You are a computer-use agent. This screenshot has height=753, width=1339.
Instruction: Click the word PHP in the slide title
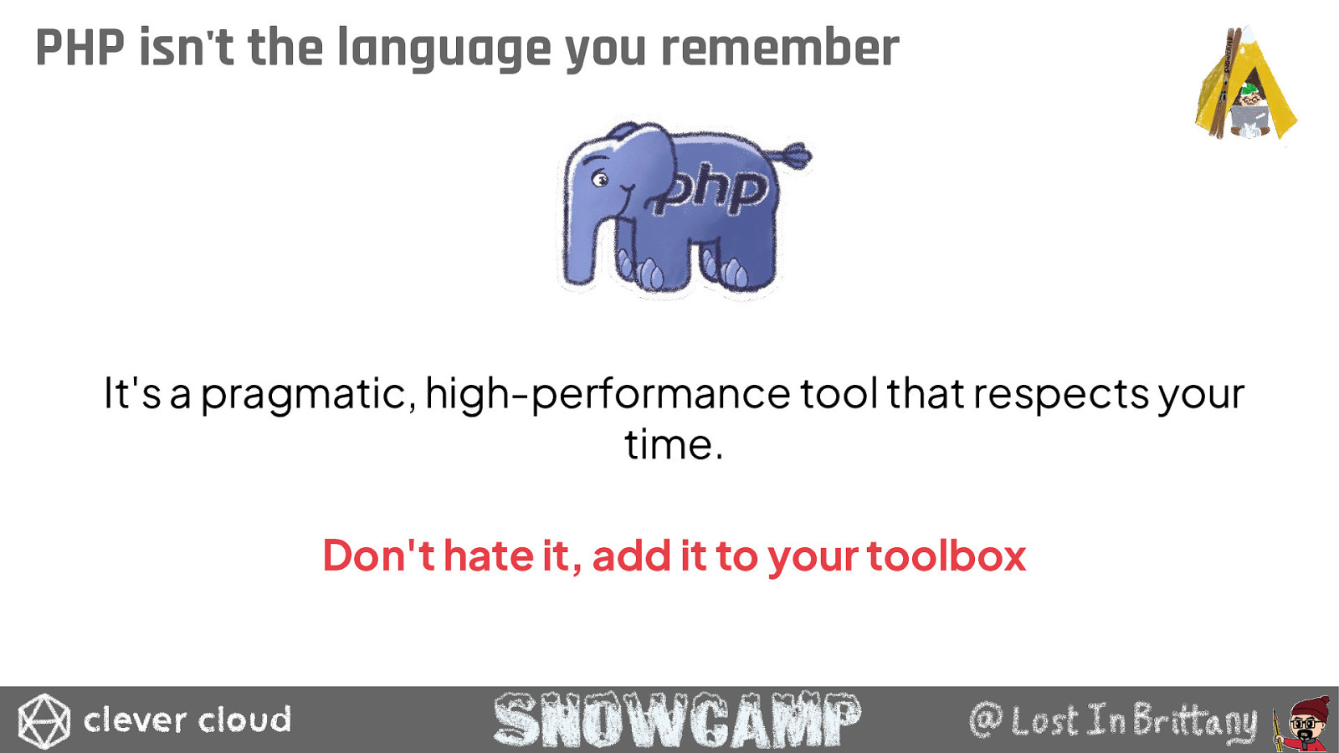click(x=80, y=47)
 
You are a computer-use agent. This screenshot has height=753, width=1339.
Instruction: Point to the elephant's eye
click(x=599, y=178)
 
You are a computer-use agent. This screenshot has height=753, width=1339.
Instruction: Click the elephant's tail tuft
click(x=794, y=154)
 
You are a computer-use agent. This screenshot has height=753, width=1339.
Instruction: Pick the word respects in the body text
click(x=1061, y=396)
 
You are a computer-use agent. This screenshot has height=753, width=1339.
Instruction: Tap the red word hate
click(x=489, y=556)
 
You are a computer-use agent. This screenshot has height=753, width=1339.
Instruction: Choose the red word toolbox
click(x=947, y=556)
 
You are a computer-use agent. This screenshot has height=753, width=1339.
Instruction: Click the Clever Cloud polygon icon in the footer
click(x=44, y=720)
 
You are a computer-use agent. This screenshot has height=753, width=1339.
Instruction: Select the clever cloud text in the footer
click(x=187, y=720)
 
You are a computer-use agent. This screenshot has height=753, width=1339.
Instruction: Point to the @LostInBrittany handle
click(x=1113, y=721)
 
